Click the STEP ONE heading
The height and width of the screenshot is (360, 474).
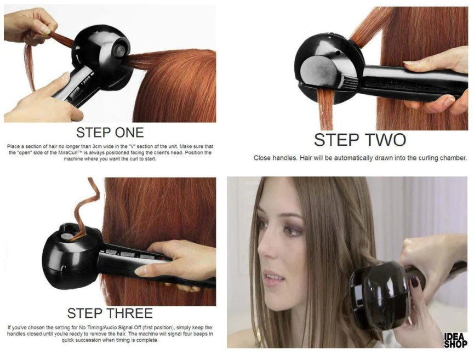[x=110, y=132]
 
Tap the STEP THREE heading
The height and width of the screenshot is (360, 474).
[x=110, y=313]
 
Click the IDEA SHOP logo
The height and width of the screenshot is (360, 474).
[x=455, y=340]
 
